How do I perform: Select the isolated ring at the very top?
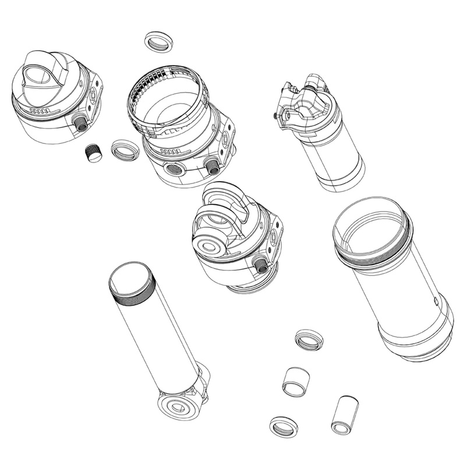click(158, 43)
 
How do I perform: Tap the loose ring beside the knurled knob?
click(126, 150)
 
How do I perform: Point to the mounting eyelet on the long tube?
click(177, 405)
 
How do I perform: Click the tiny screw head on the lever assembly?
click(274, 116)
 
